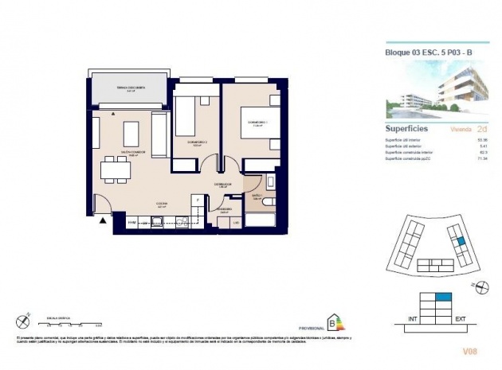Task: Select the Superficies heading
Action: (x=407, y=128)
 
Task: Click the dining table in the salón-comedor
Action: (x=116, y=169)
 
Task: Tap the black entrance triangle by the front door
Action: (x=102, y=222)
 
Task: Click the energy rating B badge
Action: (x=334, y=323)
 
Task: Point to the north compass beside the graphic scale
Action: (x=22, y=321)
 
